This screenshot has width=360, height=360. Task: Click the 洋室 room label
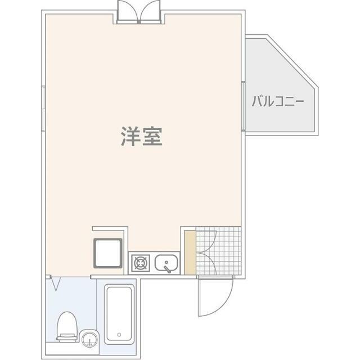pos(141,137)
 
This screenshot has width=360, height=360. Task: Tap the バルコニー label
pos(277,102)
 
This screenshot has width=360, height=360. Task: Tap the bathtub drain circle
pos(119,334)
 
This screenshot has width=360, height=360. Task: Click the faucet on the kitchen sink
pos(166,267)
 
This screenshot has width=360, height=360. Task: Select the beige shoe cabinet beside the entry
pos(190,253)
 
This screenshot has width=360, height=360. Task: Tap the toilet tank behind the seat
pos(67,337)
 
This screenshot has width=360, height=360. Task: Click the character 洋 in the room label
pos(130,137)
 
